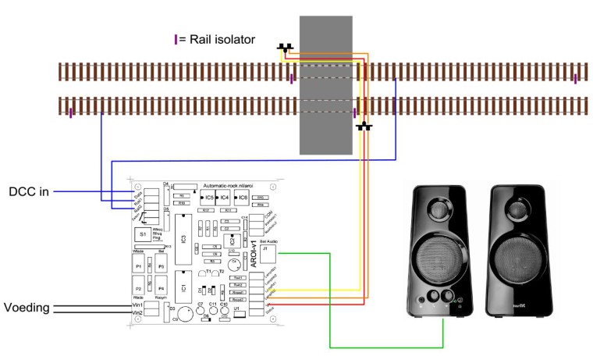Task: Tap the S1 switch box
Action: (x=142, y=233)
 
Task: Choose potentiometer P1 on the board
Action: (x=140, y=267)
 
